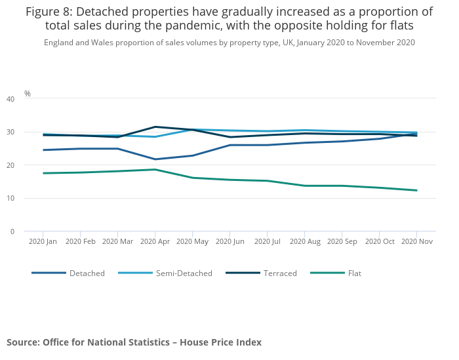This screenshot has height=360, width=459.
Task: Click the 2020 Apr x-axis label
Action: click(x=155, y=242)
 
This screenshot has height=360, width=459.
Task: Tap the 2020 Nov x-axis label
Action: click(x=417, y=242)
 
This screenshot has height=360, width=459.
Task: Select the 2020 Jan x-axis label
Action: click(x=43, y=242)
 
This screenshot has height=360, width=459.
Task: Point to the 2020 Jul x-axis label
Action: click(x=268, y=242)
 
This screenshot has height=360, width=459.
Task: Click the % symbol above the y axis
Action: click(x=28, y=94)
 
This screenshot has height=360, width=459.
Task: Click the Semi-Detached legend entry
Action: click(x=184, y=273)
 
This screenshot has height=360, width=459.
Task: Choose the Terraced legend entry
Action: click(x=279, y=273)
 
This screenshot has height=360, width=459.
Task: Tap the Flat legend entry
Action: click(x=354, y=273)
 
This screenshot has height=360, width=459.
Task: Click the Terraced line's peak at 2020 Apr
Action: click(x=155, y=127)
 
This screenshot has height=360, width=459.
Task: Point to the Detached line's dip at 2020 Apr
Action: click(x=155, y=159)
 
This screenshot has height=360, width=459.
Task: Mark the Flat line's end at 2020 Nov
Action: click(x=417, y=190)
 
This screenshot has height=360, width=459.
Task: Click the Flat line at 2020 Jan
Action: click(x=43, y=173)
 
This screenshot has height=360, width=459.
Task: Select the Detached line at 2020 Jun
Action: click(x=229, y=145)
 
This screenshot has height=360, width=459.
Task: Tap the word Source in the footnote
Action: click(x=22, y=342)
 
